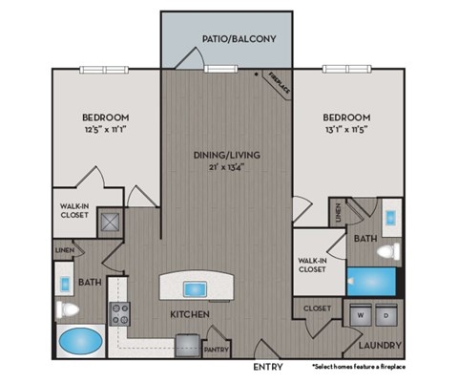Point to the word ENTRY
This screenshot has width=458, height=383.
pos(268,367)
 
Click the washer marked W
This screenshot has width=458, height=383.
pos(361,313)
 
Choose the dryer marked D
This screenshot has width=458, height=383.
pos(385,313)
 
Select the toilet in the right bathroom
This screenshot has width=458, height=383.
pos(387,252)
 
